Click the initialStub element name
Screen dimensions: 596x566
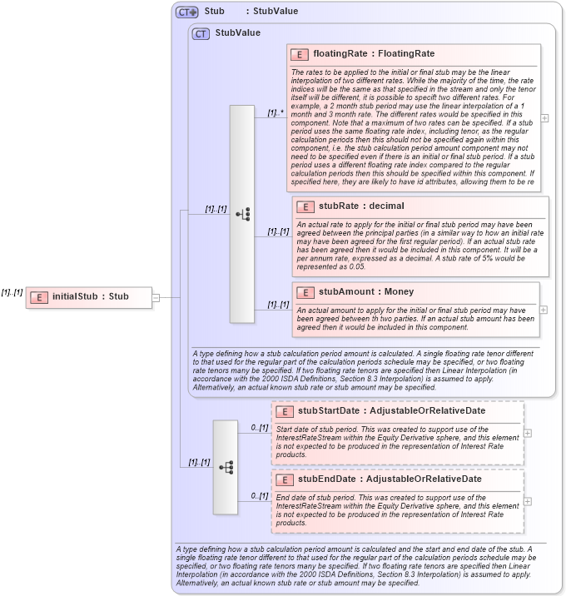(x=91, y=296)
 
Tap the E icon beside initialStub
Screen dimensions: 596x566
(x=37, y=296)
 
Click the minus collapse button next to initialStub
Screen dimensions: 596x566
(x=156, y=296)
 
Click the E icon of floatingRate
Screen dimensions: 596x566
(x=300, y=54)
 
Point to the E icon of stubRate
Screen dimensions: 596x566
(x=305, y=206)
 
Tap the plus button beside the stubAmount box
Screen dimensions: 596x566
(x=544, y=310)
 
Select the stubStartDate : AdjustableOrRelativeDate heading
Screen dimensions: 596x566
(x=391, y=410)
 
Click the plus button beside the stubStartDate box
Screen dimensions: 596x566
(x=528, y=433)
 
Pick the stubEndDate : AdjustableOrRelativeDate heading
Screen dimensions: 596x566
(x=390, y=479)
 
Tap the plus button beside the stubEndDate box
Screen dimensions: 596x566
(x=528, y=501)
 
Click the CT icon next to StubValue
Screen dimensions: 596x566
(x=201, y=33)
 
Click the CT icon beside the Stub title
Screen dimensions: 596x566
(x=186, y=12)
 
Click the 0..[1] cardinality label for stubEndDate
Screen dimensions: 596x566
(x=260, y=495)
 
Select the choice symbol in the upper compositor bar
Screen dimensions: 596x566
(x=242, y=214)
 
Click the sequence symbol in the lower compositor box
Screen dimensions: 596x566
(x=226, y=467)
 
